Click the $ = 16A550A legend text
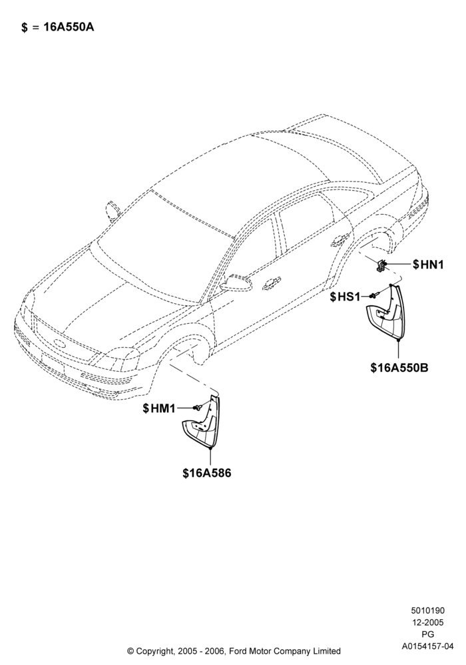pyautogui.click(x=58, y=27)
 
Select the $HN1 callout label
pyautogui.click(x=428, y=265)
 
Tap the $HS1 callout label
pyautogui.click(x=345, y=297)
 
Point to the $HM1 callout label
pyautogui.click(x=159, y=408)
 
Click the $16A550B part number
pyautogui.click(x=399, y=368)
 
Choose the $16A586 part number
pyautogui.click(x=207, y=473)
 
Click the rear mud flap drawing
pyautogui.click(x=387, y=312)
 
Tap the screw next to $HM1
pyautogui.click(x=196, y=408)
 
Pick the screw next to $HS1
pyautogui.click(x=373, y=295)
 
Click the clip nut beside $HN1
pyautogui.click(x=381, y=265)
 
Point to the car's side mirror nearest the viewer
pyautogui.click(x=238, y=282)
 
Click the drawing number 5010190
pyautogui.click(x=427, y=610)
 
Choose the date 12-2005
pyautogui.click(x=427, y=622)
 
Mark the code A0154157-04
pyautogui.click(x=427, y=646)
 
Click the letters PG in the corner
pyautogui.click(x=428, y=634)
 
